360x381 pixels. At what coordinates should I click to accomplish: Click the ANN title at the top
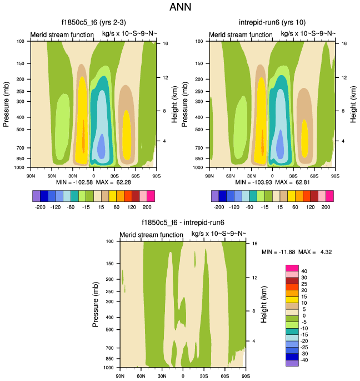coord(181,8)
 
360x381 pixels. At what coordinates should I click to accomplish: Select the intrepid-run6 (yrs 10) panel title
coord(272,23)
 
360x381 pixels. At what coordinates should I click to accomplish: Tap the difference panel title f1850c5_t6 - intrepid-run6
coord(183,223)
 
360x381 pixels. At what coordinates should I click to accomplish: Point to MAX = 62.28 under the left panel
coord(114,182)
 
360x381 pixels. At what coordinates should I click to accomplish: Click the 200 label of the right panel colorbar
coord(328,205)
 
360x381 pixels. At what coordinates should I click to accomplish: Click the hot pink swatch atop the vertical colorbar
coord(292,269)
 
